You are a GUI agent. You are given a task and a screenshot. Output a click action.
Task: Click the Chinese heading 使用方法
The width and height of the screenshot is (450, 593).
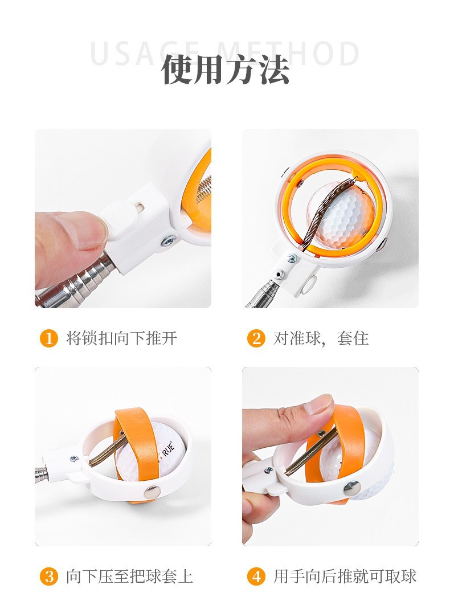pyautogui.click(x=225, y=70)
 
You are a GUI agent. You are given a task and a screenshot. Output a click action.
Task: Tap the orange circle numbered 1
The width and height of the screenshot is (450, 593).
pyautogui.click(x=48, y=338)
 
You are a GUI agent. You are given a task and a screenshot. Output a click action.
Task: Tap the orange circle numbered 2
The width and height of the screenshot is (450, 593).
pyautogui.click(x=256, y=338)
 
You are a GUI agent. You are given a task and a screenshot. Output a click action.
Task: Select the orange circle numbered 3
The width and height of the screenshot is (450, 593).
pyautogui.click(x=48, y=576)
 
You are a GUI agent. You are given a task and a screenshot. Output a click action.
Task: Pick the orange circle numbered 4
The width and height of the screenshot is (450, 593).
pyautogui.click(x=256, y=576)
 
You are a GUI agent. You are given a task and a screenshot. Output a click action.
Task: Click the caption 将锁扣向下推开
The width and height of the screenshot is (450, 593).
pyautogui.click(x=122, y=338)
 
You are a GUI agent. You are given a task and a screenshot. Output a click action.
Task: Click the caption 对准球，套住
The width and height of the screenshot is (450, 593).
pyautogui.click(x=321, y=338)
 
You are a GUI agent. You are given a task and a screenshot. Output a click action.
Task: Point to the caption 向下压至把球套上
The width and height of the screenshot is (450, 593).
pyautogui.click(x=129, y=576)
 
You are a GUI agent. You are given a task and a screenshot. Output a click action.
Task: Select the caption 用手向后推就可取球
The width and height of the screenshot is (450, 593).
pyautogui.click(x=345, y=576)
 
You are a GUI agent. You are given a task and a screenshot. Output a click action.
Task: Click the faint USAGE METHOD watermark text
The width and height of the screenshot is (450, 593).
pyautogui.click(x=225, y=53)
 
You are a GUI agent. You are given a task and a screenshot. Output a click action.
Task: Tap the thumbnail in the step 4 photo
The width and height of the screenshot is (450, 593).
pyautogui.click(x=319, y=406)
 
